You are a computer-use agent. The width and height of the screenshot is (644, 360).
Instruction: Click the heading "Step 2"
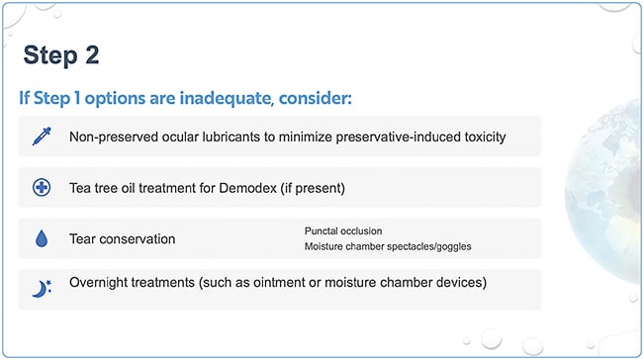coord(61,54)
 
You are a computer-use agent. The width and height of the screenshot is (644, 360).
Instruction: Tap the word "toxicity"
coord(479,136)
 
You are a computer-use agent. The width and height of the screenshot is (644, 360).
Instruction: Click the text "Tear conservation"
coord(123,239)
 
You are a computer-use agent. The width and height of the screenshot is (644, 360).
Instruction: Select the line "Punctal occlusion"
coord(343,230)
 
